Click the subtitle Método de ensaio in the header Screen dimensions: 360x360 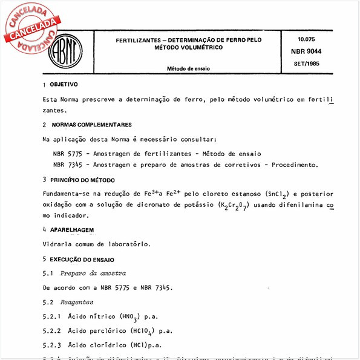click(189, 68)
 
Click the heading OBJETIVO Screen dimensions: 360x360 click(64, 85)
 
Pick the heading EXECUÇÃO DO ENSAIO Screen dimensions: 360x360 click(82, 258)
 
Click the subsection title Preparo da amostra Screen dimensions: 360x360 click(93, 273)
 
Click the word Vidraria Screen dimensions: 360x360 click(59, 244)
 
